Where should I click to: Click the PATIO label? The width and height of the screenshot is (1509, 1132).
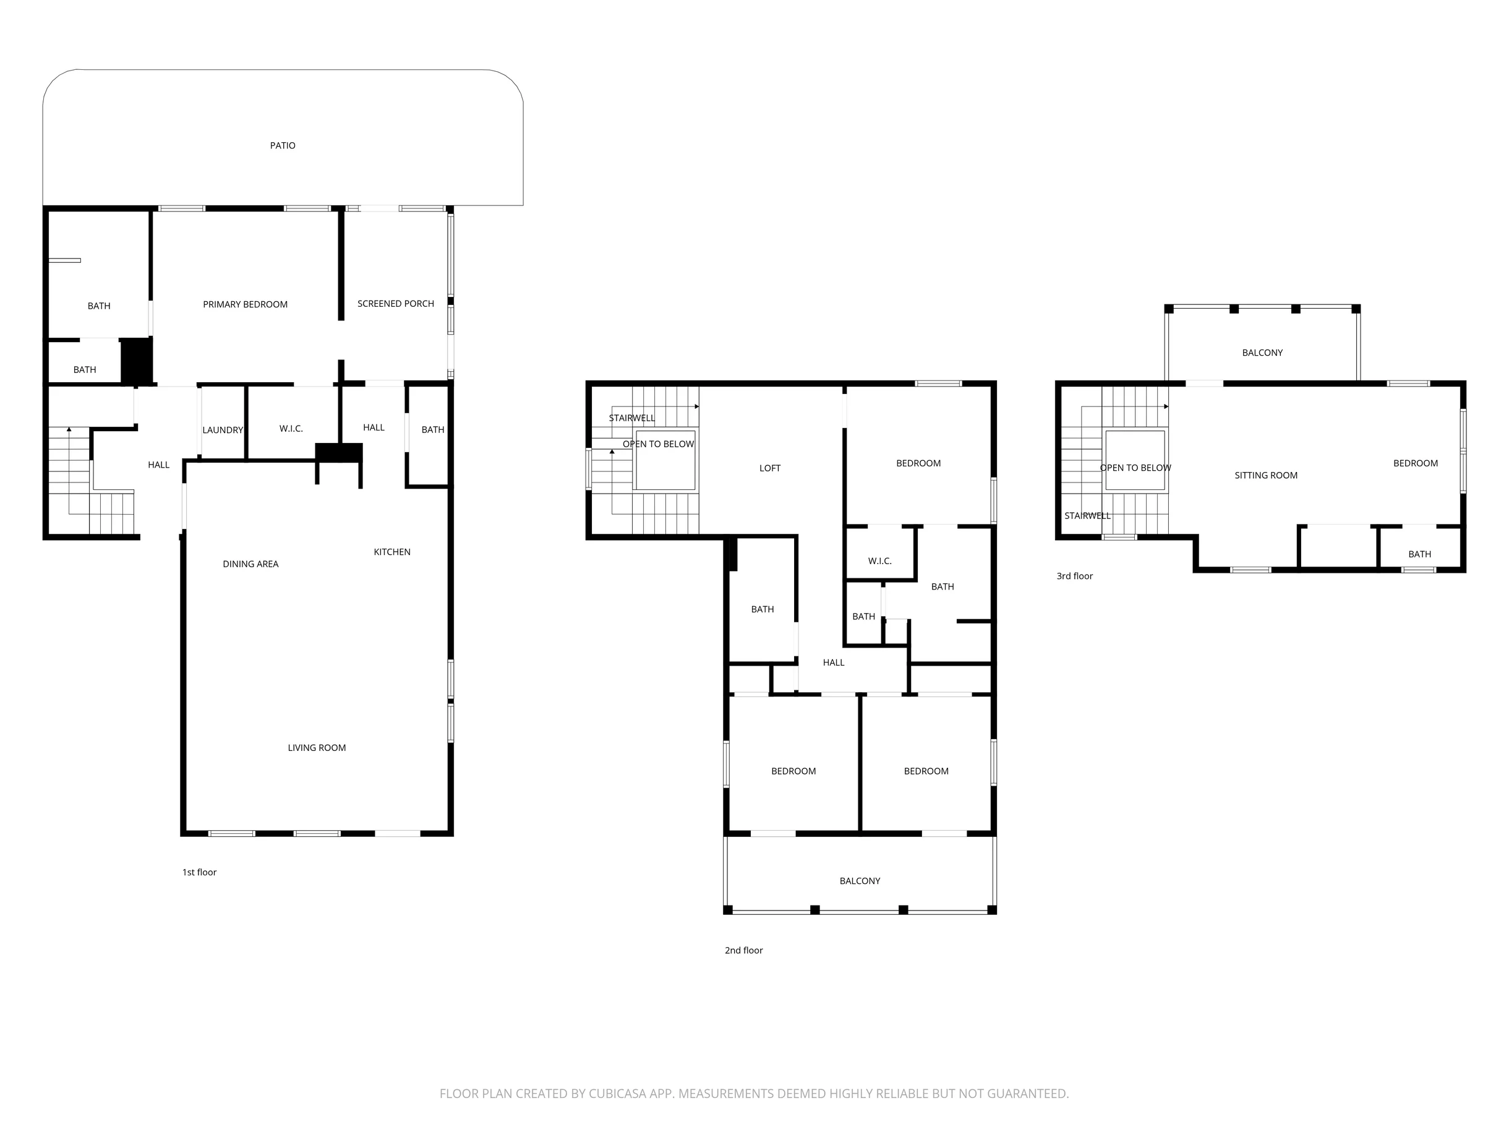pyautogui.click(x=283, y=145)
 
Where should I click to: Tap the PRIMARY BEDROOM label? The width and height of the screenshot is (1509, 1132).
pyautogui.click(x=245, y=304)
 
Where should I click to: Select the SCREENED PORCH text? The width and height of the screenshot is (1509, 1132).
pyautogui.click(x=396, y=304)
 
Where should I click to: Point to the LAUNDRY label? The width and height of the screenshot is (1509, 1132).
pyautogui.click(x=223, y=430)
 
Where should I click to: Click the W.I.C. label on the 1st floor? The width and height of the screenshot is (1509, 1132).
pyautogui.click(x=291, y=429)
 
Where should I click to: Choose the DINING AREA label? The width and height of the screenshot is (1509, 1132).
pyautogui.click(x=250, y=564)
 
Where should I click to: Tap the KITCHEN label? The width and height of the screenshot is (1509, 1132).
pyautogui.click(x=392, y=552)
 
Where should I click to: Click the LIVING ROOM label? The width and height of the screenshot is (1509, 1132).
pyautogui.click(x=317, y=748)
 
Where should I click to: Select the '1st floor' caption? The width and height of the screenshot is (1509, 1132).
pyautogui.click(x=199, y=872)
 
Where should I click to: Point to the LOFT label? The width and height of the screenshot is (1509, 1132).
pyautogui.click(x=769, y=468)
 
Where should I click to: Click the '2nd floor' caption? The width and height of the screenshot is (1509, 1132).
pyautogui.click(x=743, y=951)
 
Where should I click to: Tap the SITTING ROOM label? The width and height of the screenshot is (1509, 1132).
pyautogui.click(x=1266, y=476)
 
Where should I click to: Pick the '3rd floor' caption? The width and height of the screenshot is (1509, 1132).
pyautogui.click(x=1074, y=576)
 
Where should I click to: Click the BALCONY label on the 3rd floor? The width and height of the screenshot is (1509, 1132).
pyautogui.click(x=1262, y=353)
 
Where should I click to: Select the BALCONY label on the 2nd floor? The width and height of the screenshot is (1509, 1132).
pyautogui.click(x=860, y=881)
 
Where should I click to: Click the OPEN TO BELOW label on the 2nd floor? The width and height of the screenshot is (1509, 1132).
pyautogui.click(x=658, y=444)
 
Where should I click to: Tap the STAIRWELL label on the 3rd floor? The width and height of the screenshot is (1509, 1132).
pyautogui.click(x=1087, y=516)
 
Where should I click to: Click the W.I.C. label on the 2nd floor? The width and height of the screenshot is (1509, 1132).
pyautogui.click(x=879, y=561)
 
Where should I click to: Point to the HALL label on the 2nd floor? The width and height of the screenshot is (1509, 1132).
pyautogui.click(x=834, y=662)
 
